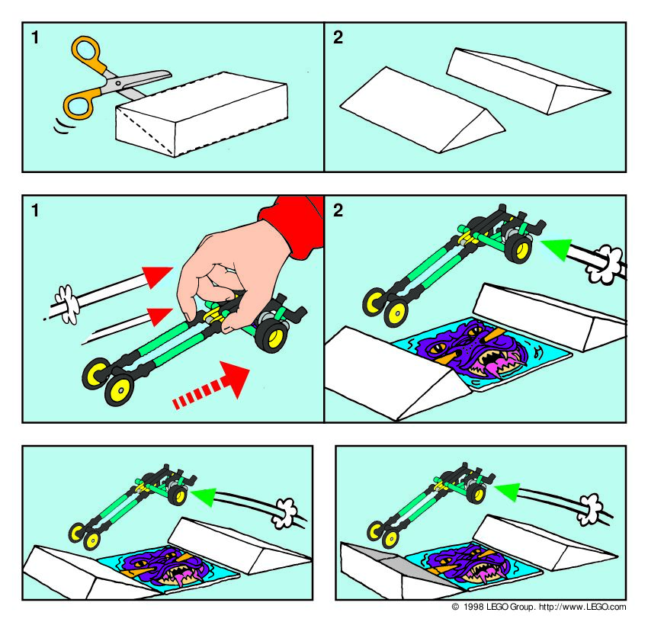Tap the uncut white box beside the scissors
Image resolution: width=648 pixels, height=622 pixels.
pos(202,114)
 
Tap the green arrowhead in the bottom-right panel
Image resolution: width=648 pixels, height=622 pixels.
pos(508,491)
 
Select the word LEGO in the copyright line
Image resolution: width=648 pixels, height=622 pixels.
pos(498,607)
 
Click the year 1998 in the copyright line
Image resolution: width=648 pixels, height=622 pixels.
pos(473,607)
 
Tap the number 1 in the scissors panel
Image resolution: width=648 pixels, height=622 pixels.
pos(35,37)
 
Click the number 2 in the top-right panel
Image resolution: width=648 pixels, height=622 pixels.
pos(338,37)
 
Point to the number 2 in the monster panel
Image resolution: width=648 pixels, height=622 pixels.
pos(338,210)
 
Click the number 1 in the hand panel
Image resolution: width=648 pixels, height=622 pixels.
pos(35,210)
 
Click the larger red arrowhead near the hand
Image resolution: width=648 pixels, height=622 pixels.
pos(159,276)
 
